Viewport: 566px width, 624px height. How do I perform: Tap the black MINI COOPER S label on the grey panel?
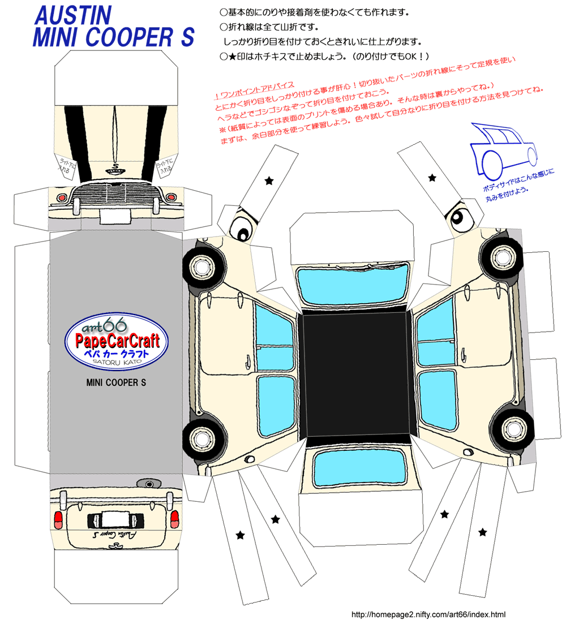[116, 382]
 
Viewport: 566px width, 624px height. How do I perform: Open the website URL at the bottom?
[428, 614]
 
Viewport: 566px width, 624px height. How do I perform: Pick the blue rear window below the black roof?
[361, 467]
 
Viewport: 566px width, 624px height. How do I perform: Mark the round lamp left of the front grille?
[62, 198]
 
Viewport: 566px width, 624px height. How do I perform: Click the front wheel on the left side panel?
[199, 265]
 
